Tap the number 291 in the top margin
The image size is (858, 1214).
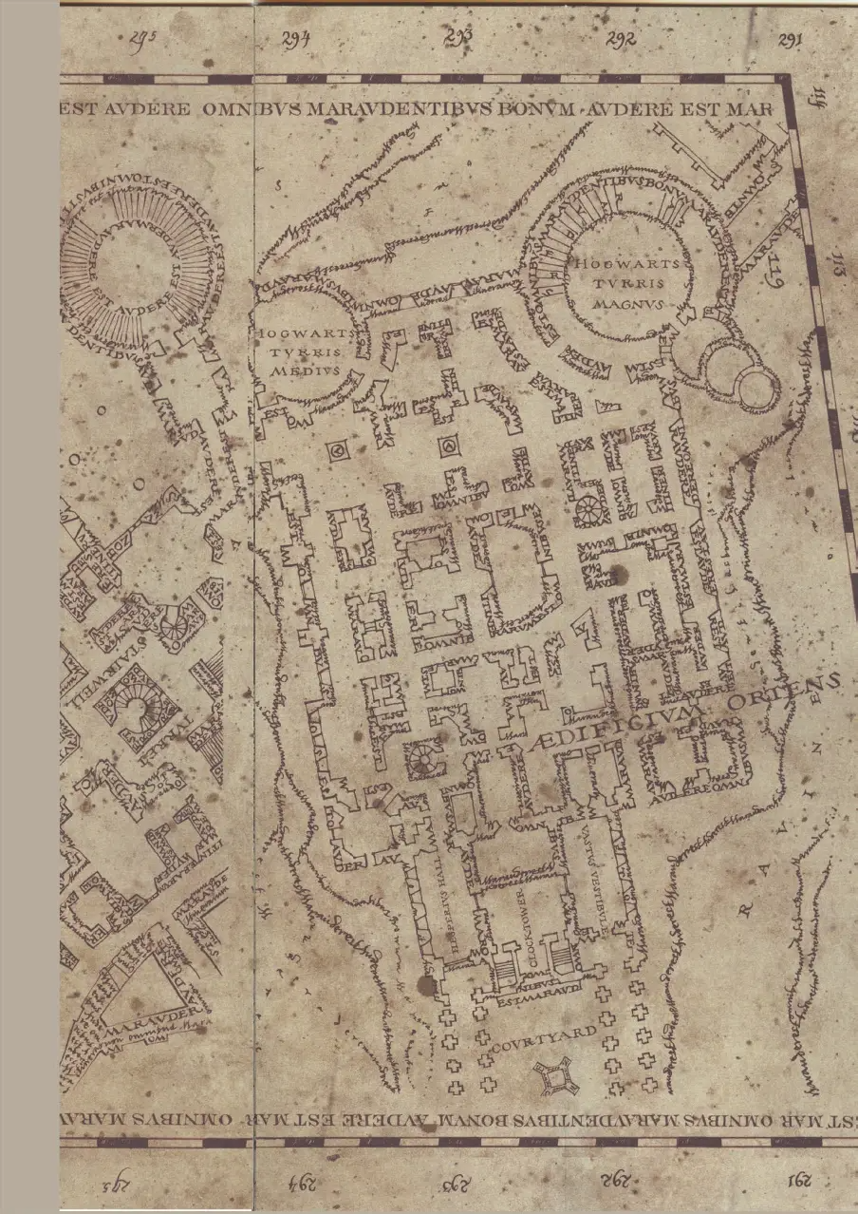[x=789, y=40]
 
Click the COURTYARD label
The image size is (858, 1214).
[x=545, y=1037]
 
